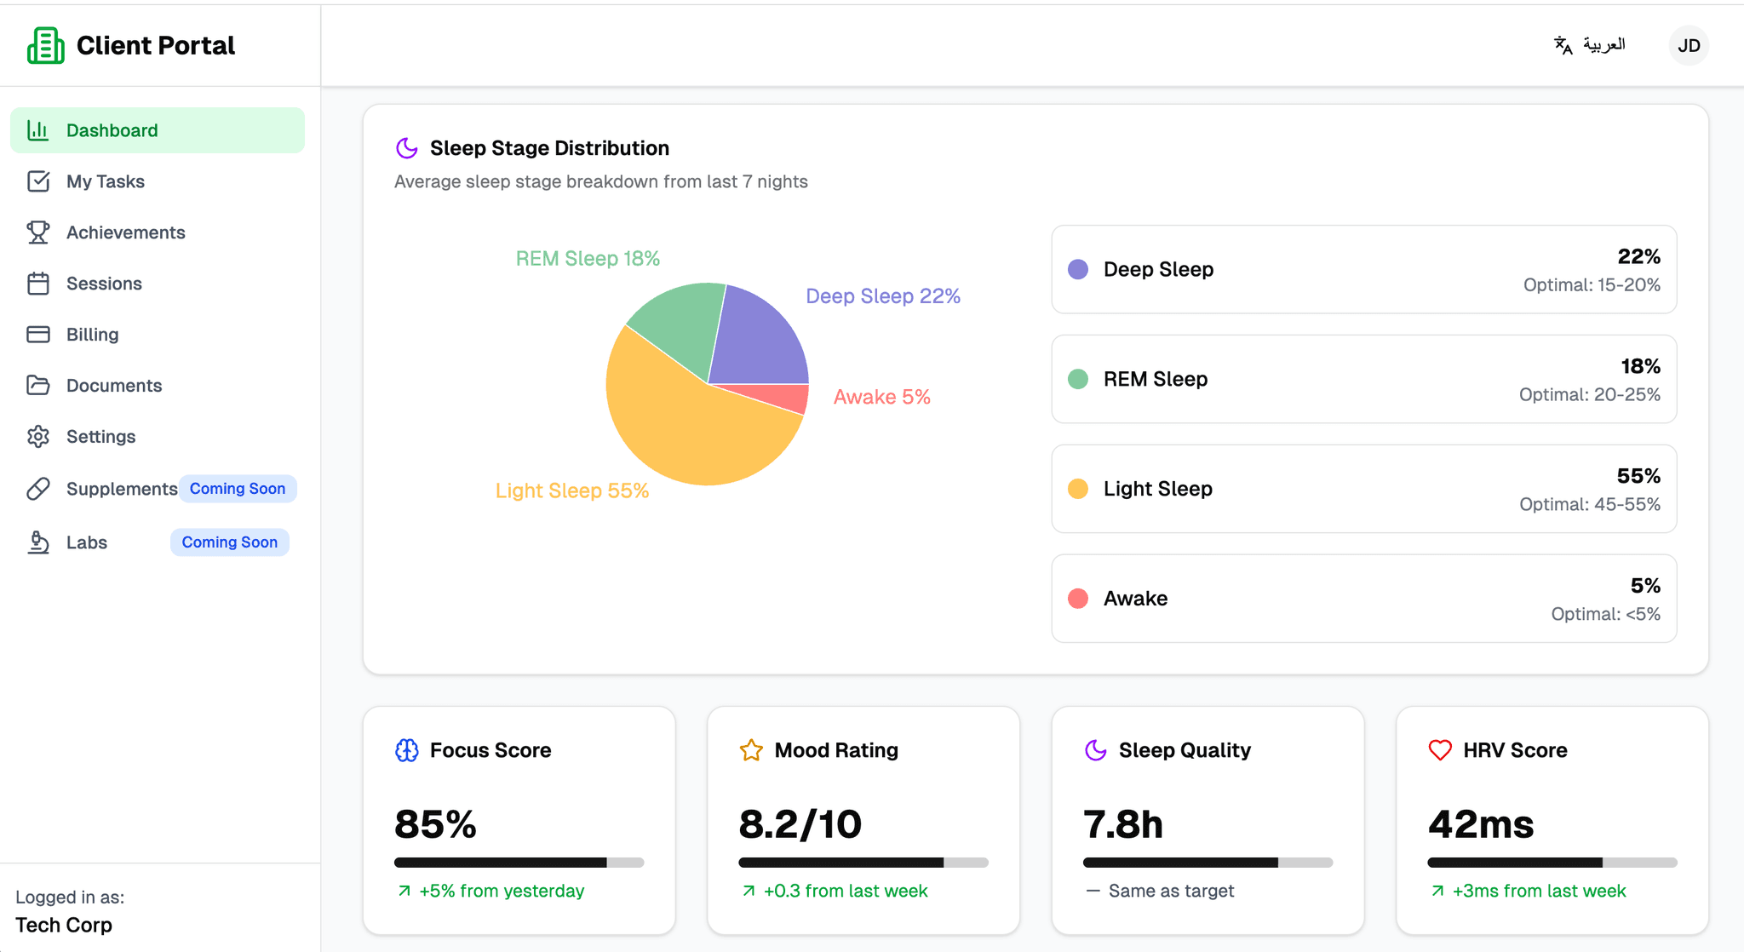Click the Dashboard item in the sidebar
coord(112,130)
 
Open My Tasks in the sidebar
coord(105,181)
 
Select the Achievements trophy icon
coord(38,232)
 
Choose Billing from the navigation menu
coord(92,335)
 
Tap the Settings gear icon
coord(38,437)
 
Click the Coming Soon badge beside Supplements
coord(237,489)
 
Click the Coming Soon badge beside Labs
coord(229,542)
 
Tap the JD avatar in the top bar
coord(1688,45)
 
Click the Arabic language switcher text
coord(1603,44)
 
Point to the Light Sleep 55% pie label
coord(571,490)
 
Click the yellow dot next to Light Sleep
coord(1077,489)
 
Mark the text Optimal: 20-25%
coord(1589,394)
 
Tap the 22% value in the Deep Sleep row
coord(1638,256)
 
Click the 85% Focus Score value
coord(435,824)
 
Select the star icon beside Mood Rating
coord(751,750)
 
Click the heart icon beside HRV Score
coord(1439,750)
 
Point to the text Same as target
coord(1171,891)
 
